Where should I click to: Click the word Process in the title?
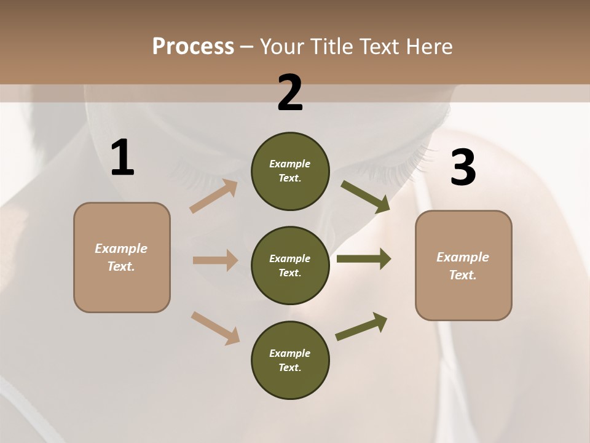tap(193, 46)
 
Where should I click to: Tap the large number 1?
tap(122, 158)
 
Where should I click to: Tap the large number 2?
tap(290, 93)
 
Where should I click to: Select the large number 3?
tap(463, 168)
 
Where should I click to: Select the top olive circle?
tap(290, 171)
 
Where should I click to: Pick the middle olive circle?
tap(290, 265)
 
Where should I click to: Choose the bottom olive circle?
tap(290, 360)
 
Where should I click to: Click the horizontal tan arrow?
tap(215, 260)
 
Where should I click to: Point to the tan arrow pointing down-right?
tap(215, 328)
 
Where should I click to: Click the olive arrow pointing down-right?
tap(366, 197)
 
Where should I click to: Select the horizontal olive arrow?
tap(363, 259)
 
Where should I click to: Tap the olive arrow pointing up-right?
tap(362, 327)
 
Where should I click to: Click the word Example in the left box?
tap(121, 249)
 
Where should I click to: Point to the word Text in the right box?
tap(462, 275)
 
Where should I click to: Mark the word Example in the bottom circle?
tap(290, 353)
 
